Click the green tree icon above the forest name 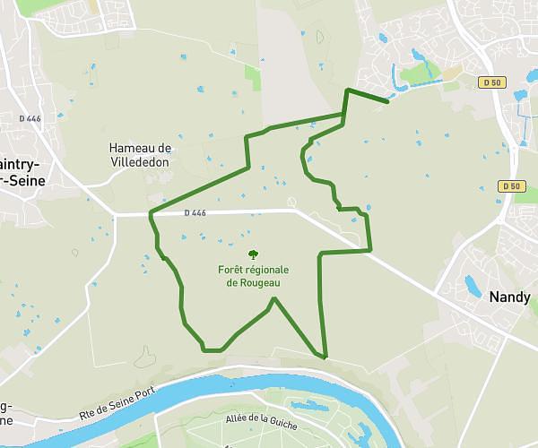(x=252, y=255)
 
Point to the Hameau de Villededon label (x=139, y=155)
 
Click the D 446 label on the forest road (x=195, y=213)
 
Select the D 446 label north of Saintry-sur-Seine (x=30, y=117)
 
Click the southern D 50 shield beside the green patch (x=511, y=186)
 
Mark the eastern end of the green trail (x=387, y=102)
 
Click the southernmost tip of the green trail (x=325, y=358)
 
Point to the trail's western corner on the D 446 (x=150, y=213)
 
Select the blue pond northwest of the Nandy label (x=472, y=285)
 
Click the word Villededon (x=139, y=162)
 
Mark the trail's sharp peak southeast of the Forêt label (x=274, y=298)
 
